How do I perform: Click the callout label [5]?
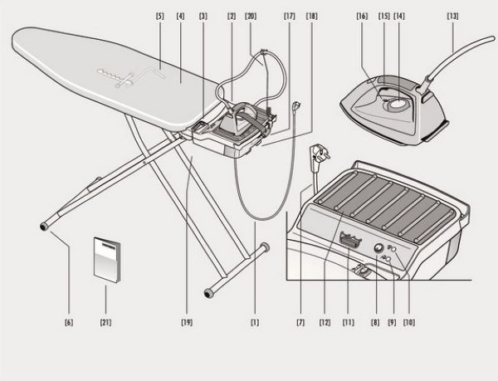click(159, 17)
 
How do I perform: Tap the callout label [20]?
click(251, 17)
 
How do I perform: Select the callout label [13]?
click(452, 17)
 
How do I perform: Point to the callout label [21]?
click(105, 323)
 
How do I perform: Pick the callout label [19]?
click(187, 323)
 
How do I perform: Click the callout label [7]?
click(300, 323)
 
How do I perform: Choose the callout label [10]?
click(409, 323)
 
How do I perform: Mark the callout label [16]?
click(362, 17)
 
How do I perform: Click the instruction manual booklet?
click(107, 260)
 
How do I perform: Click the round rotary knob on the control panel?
click(378, 248)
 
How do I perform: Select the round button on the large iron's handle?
click(397, 104)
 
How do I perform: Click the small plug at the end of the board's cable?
click(295, 105)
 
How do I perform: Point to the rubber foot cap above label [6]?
click(44, 227)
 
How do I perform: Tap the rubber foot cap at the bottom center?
click(208, 293)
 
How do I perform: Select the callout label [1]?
click(255, 323)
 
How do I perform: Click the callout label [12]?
click(325, 323)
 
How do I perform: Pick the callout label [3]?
click(203, 17)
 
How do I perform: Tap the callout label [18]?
click(311, 17)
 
